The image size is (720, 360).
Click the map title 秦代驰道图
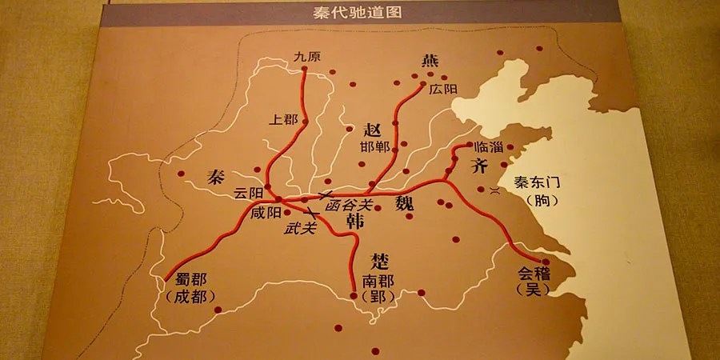(360, 14)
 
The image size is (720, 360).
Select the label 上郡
(284, 120)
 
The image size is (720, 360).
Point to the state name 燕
(430, 61)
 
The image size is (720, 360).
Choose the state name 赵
(374, 130)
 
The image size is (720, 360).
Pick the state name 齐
(479, 167)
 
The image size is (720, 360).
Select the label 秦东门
(535, 182)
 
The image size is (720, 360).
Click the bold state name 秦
(215, 176)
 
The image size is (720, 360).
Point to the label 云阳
(247, 194)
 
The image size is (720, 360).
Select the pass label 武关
(300, 228)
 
